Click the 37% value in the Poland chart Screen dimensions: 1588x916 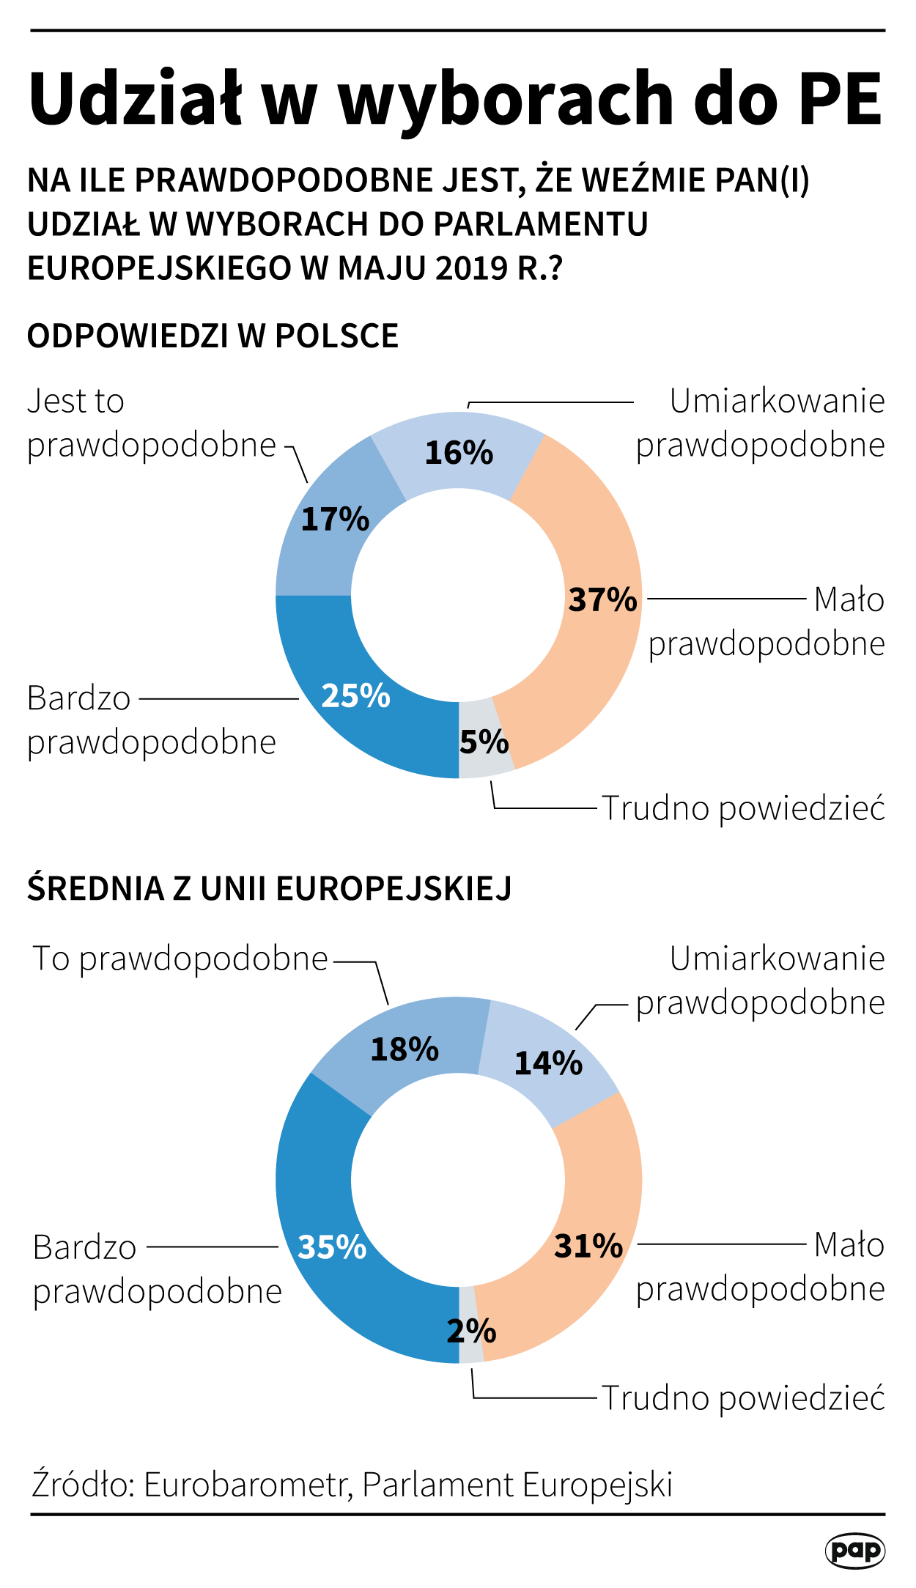point(603,599)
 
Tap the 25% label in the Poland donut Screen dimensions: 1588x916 point(356,696)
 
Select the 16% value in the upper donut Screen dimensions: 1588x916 point(459,453)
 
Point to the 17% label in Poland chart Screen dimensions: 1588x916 point(336,520)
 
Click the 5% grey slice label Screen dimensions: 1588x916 point(484,742)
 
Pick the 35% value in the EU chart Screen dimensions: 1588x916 point(333,1247)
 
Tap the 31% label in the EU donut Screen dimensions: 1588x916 point(588,1246)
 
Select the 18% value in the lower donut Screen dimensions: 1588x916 point(405,1049)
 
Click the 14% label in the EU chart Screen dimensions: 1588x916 point(548,1063)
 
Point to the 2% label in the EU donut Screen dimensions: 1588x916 point(472,1331)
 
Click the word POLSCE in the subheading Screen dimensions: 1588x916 point(336,336)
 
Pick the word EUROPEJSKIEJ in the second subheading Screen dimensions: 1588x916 point(394,888)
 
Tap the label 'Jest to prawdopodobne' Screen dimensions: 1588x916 point(151,423)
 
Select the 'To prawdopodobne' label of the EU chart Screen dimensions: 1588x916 point(180,959)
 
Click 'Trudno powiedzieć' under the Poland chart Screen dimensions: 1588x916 point(743,808)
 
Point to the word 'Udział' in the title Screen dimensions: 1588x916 point(136,99)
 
